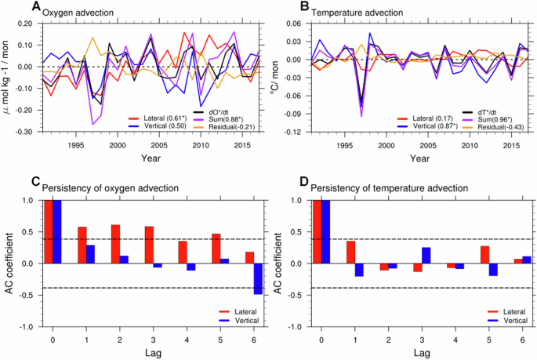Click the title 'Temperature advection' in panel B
tap(359, 14)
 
